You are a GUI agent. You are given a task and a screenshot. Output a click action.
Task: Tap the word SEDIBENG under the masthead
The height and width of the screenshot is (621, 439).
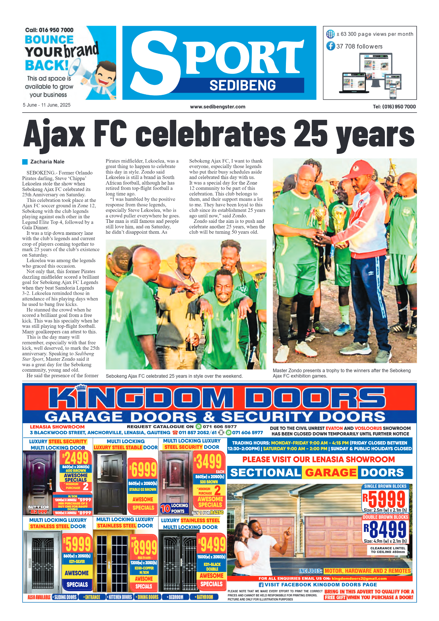(x=242, y=85)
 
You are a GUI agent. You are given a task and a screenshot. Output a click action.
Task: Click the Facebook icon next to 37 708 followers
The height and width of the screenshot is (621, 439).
(x=331, y=46)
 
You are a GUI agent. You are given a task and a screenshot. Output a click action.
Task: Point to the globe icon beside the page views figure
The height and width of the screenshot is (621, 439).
(x=330, y=34)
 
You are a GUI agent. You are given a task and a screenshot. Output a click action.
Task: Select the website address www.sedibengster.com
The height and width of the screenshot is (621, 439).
(x=218, y=107)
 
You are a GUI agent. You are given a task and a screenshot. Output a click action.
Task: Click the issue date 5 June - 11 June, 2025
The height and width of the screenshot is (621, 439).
(x=47, y=105)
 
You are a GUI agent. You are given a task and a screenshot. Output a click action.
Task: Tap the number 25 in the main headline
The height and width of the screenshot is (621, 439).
(x=310, y=134)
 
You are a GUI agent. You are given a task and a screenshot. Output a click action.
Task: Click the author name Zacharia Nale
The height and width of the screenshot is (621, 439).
(x=47, y=162)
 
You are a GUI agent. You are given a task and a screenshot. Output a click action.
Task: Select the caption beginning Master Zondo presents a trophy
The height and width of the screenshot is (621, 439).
(x=341, y=373)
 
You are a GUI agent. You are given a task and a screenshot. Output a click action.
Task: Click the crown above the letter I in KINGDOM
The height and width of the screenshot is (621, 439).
(x=82, y=388)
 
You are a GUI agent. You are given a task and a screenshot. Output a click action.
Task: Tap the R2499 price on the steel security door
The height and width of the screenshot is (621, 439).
(x=76, y=458)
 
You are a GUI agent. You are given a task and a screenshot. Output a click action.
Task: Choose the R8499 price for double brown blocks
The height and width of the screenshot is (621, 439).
(x=385, y=529)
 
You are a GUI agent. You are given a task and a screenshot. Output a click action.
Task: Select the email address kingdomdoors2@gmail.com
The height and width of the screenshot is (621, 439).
(x=359, y=578)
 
